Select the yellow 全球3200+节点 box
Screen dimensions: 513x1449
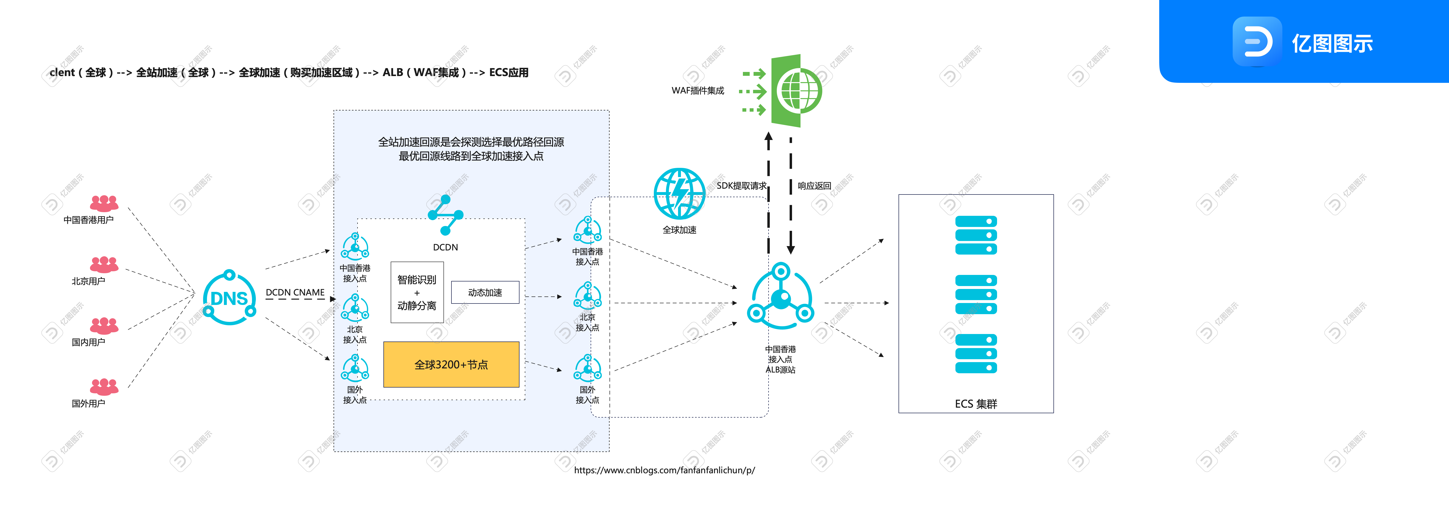pos(451,364)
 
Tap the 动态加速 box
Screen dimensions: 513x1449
pos(485,292)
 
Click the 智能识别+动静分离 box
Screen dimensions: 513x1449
pos(417,292)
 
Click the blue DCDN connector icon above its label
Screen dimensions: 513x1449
pos(445,215)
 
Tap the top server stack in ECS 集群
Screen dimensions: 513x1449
pos(976,235)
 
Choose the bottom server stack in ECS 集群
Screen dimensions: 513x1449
pos(976,353)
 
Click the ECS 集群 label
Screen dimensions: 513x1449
pos(976,404)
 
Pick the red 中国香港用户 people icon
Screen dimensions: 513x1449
pos(104,203)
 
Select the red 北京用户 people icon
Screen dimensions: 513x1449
pos(104,264)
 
